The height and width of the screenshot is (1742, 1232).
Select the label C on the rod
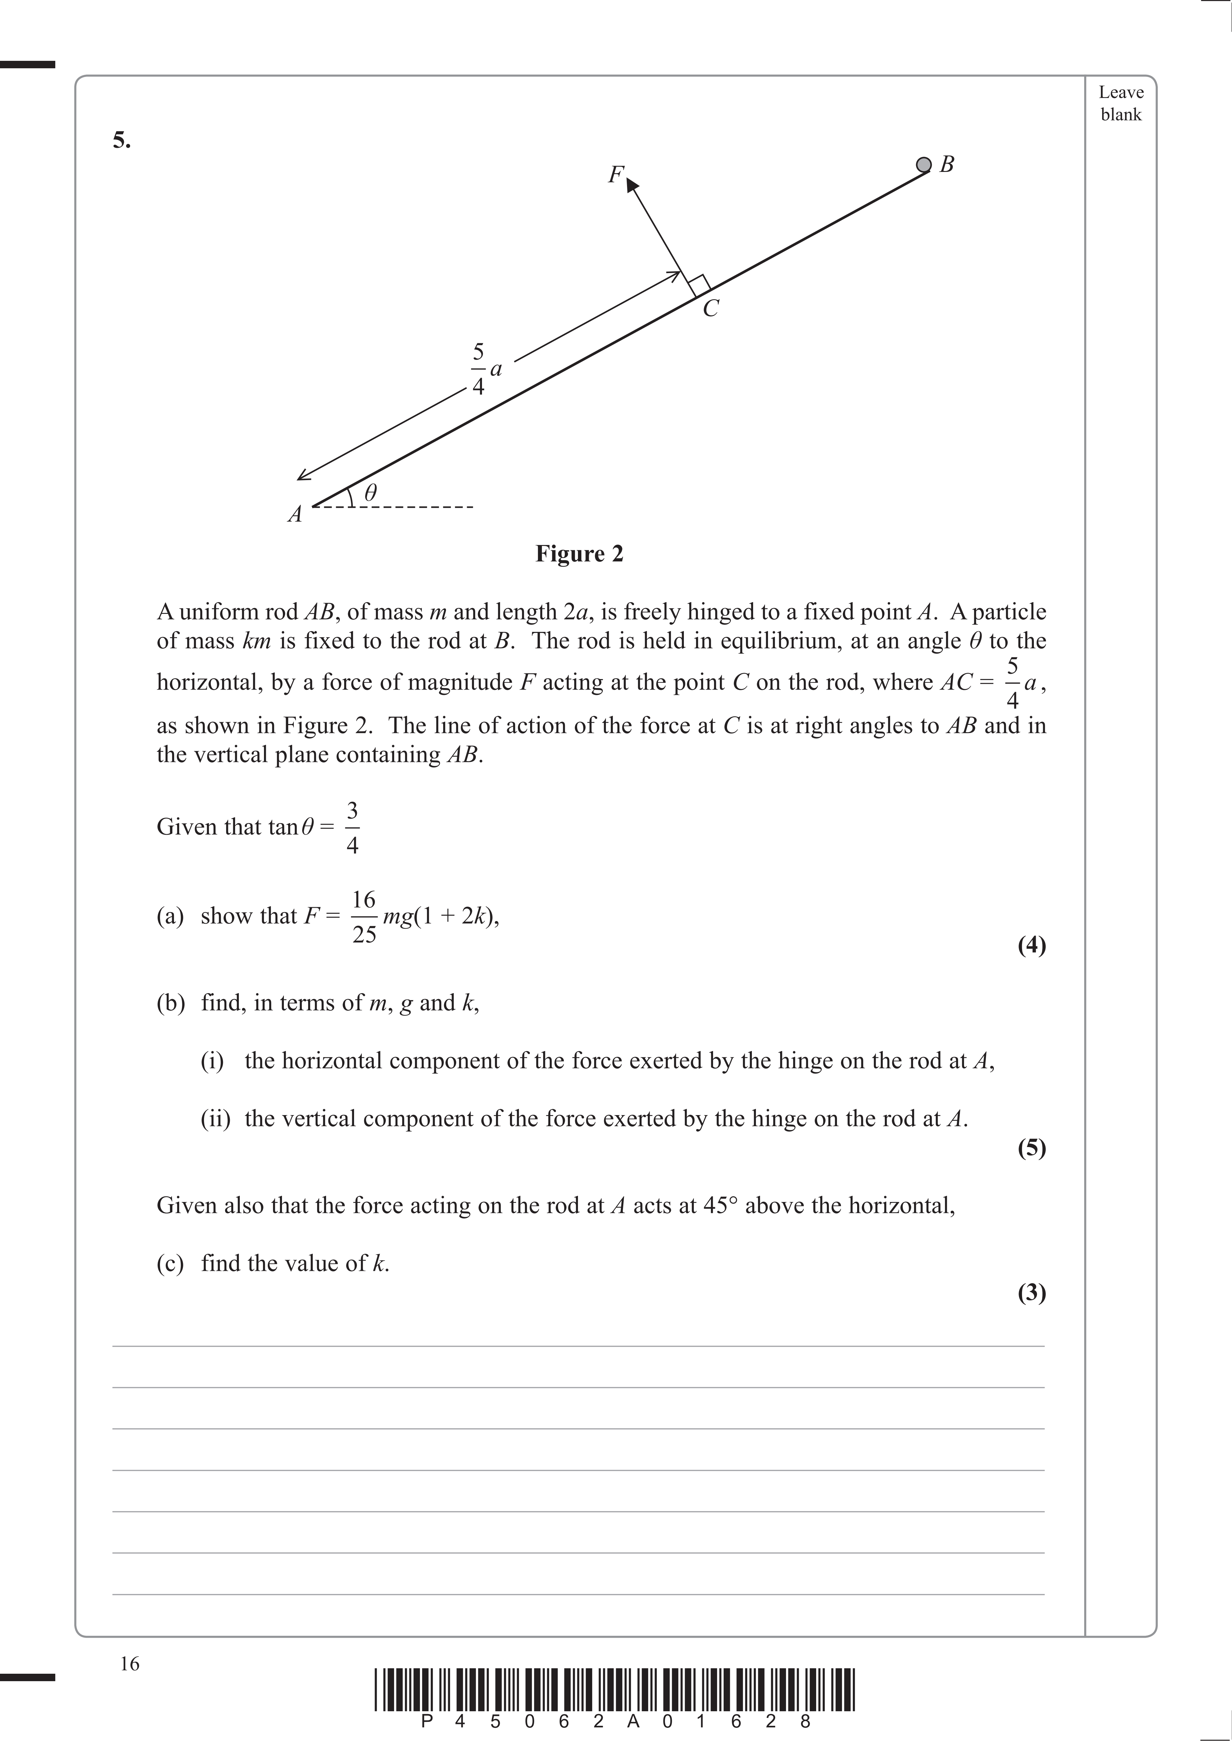(x=711, y=309)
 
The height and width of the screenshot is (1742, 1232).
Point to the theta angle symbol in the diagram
(x=371, y=493)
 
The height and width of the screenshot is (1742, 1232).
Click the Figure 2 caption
(x=579, y=554)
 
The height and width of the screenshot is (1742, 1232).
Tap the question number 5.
(x=121, y=140)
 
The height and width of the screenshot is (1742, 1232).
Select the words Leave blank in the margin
(x=1121, y=103)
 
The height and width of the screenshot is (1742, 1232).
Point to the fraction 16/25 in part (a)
(x=364, y=916)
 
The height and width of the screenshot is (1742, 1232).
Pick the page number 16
(x=130, y=1664)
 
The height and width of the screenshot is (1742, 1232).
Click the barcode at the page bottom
(x=615, y=1689)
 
